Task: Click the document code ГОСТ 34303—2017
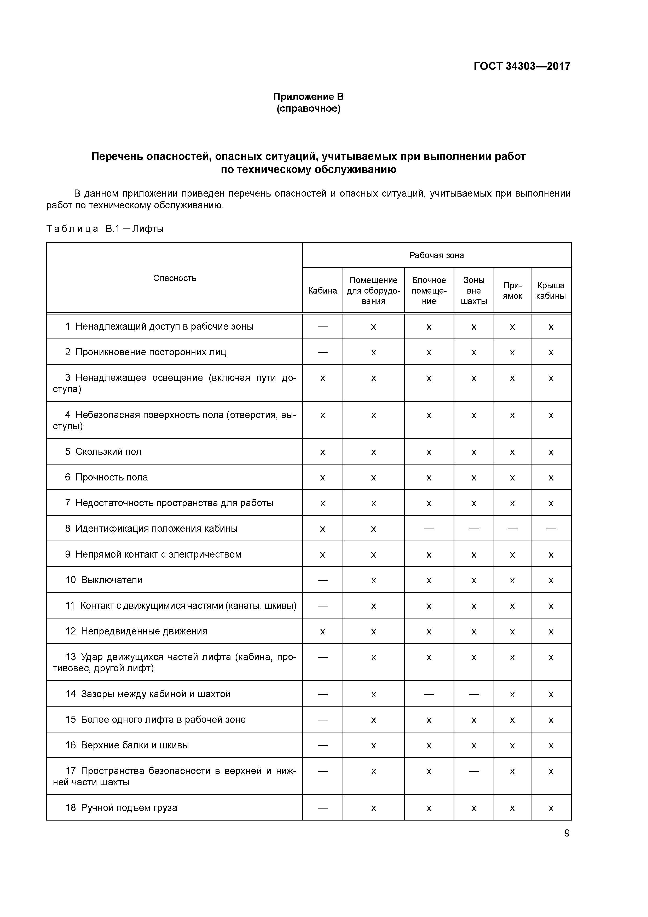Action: point(522,66)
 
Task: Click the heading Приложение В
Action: point(308,97)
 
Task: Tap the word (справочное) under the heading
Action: point(308,109)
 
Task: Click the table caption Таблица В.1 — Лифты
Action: point(105,229)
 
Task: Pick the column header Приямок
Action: point(512,291)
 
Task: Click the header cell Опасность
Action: point(175,278)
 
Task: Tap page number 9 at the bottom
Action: point(566,833)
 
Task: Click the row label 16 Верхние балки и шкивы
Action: point(127,745)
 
